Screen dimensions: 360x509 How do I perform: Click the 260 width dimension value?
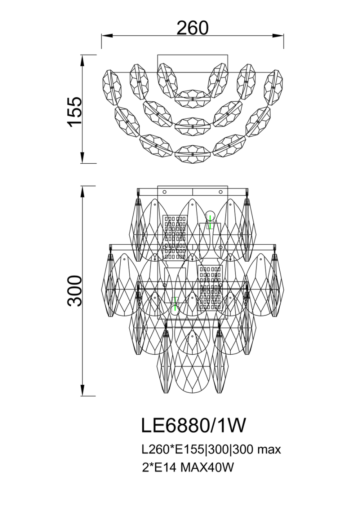pyautogui.click(x=192, y=28)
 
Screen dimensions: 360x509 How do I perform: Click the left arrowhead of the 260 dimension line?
pyautogui.click(x=107, y=36)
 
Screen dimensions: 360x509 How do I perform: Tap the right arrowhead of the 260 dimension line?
pyautogui.click(x=278, y=36)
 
